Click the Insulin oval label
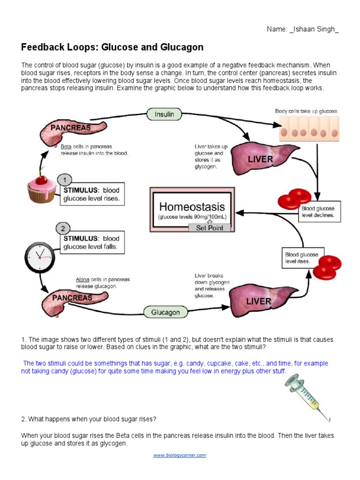coord(165,114)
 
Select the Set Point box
coord(210,228)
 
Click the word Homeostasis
coord(192,207)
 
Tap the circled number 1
coord(65,180)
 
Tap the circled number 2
coord(63,228)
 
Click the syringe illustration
coord(304,393)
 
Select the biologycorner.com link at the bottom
coord(180,455)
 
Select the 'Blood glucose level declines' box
coord(320,211)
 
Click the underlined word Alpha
coord(82,280)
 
